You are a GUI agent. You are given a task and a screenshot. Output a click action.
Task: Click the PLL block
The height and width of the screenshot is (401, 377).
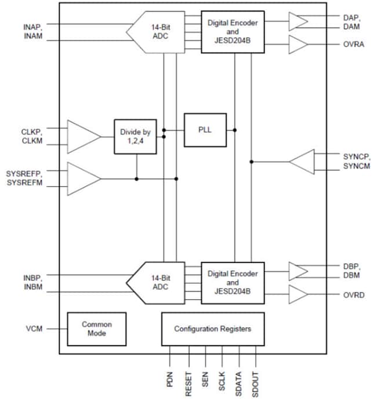(x=205, y=130)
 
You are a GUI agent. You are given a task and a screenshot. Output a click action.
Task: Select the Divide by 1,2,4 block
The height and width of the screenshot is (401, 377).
(x=135, y=137)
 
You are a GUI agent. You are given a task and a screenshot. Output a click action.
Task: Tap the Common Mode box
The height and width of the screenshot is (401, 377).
(x=96, y=329)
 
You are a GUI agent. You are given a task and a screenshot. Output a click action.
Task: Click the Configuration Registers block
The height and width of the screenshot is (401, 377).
(x=213, y=329)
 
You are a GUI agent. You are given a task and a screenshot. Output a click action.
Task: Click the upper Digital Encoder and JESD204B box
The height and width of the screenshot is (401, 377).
(x=233, y=32)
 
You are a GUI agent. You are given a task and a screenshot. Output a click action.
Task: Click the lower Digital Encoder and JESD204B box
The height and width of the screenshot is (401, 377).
(x=233, y=283)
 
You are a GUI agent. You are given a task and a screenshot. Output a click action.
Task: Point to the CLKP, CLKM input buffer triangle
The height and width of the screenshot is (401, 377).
(x=82, y=137)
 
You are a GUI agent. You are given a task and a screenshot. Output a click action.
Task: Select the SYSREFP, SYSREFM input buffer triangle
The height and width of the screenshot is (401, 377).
(x=82, y=178)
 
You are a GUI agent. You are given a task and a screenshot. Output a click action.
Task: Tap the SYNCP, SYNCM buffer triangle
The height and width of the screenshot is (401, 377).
(x=303, y=162)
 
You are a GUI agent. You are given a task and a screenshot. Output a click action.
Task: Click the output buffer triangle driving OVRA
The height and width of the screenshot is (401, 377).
(x=298, y=45)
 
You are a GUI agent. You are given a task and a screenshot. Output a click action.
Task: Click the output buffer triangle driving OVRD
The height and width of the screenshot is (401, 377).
(x=298, y=295)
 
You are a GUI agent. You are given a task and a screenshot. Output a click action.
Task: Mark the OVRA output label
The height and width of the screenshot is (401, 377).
(x=354, y=45)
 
